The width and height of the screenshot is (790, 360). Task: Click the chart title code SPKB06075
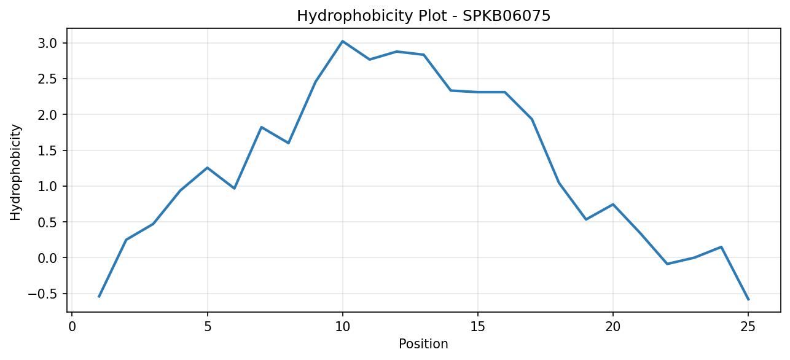[x=506, y=16]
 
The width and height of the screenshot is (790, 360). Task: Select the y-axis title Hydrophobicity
[x=15, y=173]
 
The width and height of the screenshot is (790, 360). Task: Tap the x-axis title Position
[x=423, y=344]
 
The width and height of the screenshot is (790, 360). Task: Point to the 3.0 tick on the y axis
[x=47, y=44]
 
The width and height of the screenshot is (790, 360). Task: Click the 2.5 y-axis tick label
[x=47, y=79]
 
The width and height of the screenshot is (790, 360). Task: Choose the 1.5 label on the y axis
[x=47, y=151]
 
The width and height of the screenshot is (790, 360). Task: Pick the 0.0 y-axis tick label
[x=47, y=258]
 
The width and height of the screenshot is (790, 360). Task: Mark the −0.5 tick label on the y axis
[x=42, y=294]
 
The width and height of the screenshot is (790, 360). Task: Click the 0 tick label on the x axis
[x=72, y=327]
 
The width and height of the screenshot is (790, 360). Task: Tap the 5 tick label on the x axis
[x=208, y=327]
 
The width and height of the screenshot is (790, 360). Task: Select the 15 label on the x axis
[x=478, y=327]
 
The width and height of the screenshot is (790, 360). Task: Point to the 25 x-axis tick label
[x=748, y=327]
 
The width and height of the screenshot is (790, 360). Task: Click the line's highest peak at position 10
[x=342, y=41]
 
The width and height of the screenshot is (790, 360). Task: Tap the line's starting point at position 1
[x=99, y=297]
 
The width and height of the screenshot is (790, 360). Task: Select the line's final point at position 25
[x=748, y=300]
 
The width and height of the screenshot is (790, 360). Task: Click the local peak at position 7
[x=261, y=127]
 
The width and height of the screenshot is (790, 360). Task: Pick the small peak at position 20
[x=613, y=204]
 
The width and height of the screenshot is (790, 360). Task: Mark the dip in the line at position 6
[x=234, y=188]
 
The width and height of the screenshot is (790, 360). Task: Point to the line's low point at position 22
[x=667, y=264]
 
